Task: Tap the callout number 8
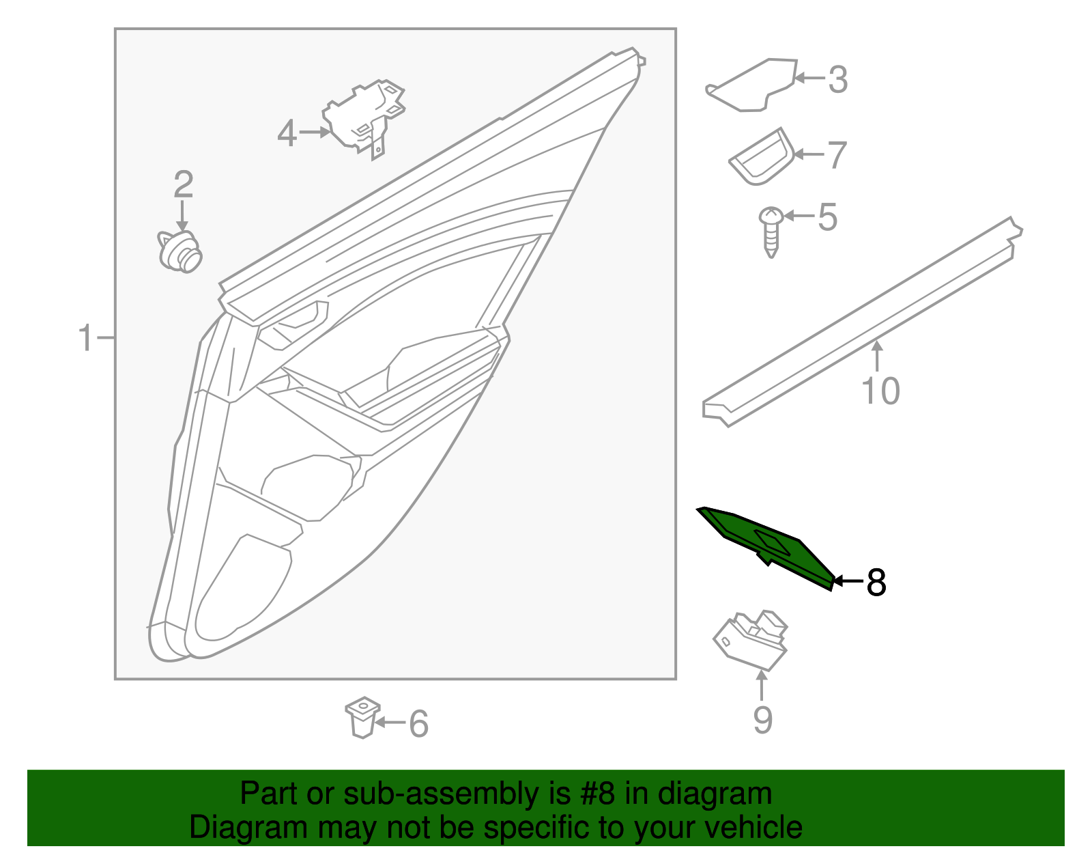pos(876,583)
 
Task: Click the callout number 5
pos(827,217)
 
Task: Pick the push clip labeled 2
pos(180,252)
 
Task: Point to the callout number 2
pos(183,184)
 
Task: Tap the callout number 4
pos(287,133)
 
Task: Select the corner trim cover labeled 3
pos(754,85)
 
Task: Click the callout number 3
pos(838,79)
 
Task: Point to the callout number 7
pos(837,155)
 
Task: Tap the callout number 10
pos(880,391)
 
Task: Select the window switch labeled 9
pos(751,639)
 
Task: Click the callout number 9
pos(762,720)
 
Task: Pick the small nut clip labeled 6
pos(362,716)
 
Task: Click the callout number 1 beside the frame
pos(85,338)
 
